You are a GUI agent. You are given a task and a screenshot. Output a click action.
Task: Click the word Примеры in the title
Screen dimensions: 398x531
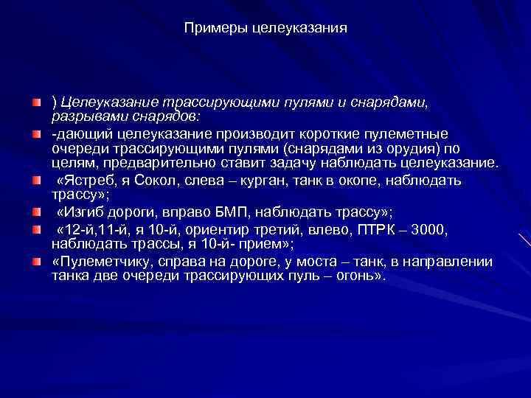[212, 28]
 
